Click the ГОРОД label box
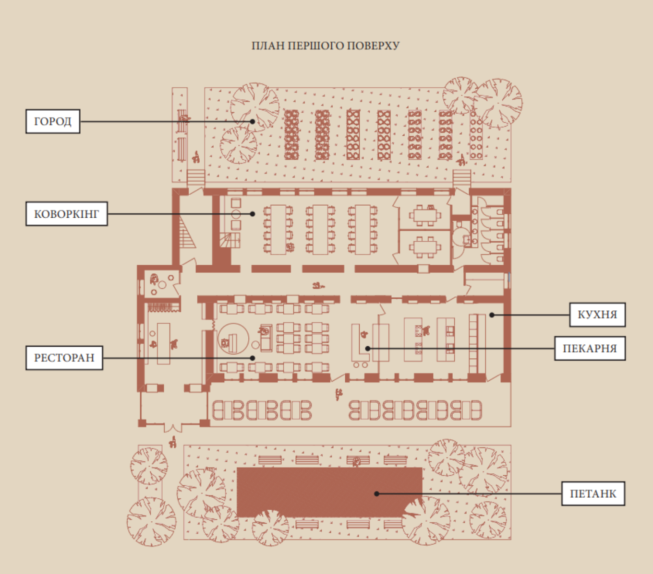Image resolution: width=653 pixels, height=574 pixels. pyautogui.click(x=53, y=121)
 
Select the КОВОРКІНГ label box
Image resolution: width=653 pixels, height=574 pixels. pyautogui.click(x=66, y=214)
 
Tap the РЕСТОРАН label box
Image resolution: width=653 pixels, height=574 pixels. pyautogui.click(x=64, y=358)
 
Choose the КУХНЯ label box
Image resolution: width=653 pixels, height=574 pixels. pyautogui.click(x=597, y=315)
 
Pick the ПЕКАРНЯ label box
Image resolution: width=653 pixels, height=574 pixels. pyautogui.click(x=590, y=348)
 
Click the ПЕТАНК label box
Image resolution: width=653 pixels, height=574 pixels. pyautogui.click(x=593, y=493)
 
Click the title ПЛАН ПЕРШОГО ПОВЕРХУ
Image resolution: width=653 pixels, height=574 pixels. pyautogui.click(x=326, y=46)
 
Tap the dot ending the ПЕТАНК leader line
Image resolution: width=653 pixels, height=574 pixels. pyautogui.click(x=377, y=493)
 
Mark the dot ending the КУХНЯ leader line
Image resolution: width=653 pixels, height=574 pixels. pyautogui.click(x=492, y=315)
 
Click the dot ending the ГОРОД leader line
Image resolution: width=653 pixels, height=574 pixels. pyautogui.click(x=253, y=121)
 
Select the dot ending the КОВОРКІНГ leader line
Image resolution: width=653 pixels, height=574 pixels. pyautogui.click(x=253, y=214)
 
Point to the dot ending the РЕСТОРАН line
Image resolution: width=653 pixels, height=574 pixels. pyautogui.click(x=253, y=358)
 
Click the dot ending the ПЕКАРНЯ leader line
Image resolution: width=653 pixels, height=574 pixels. pyautogui.click(x=367, y=349)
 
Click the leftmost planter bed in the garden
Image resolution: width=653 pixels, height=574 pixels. pyautogui.click(x=291, y=135)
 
